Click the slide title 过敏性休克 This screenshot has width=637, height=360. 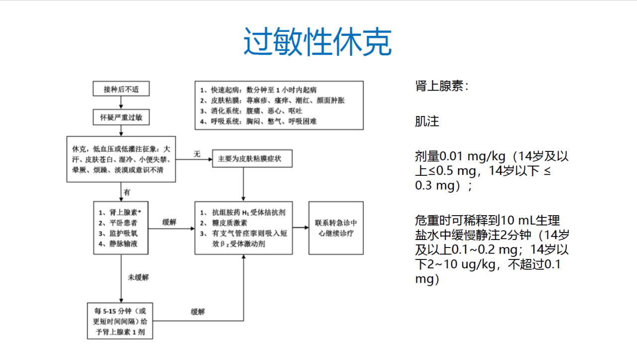pos(317,43)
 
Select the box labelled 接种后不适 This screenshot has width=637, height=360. pos(121,90)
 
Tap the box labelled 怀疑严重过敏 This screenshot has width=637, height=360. pos(121,118)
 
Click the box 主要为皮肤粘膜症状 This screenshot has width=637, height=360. pos(252,159)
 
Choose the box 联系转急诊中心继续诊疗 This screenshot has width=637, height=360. pos(336,228)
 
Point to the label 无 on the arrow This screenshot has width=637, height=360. pos(197,154)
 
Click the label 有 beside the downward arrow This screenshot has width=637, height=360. pos(127,192)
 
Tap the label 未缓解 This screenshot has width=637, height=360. pos(138,277)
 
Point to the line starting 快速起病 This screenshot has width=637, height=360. pos(258,90)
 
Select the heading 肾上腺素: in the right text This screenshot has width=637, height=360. pos(441,86)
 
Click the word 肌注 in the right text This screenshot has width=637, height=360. pos(427,121)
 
